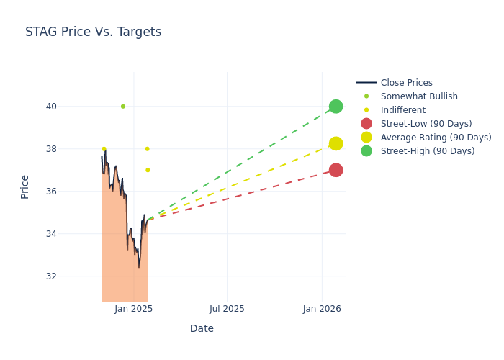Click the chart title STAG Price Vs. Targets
coord(93,32)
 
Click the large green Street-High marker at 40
coord(336,107)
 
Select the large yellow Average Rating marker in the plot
coord(336,143)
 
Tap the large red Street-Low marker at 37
coord(336,170)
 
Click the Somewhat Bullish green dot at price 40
coord(123,107)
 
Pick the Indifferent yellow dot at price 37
coord(148,170)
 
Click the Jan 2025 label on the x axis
coord(133,309)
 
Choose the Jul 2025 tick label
coord(227,309)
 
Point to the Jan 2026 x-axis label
coord(322,309)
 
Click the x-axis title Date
coord(202,329)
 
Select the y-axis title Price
coord(25,186)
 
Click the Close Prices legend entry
coord(406,83)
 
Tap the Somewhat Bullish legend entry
coord(419,96)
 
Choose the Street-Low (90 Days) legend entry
coord(426,124)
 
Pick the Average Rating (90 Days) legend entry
coord(436,138)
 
